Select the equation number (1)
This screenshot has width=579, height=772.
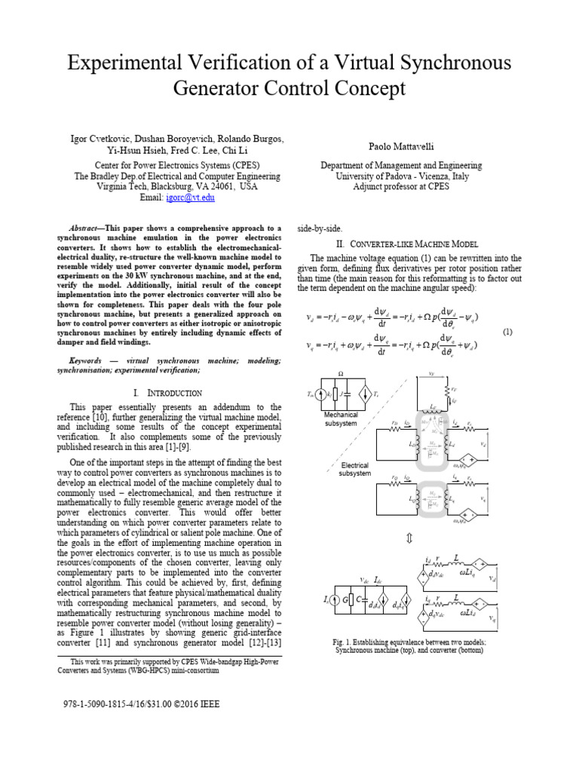click(x=507, y=332)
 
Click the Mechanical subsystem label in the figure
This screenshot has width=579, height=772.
click(x=341, y=418)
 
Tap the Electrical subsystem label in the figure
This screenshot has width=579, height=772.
click(x=354, y=470)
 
